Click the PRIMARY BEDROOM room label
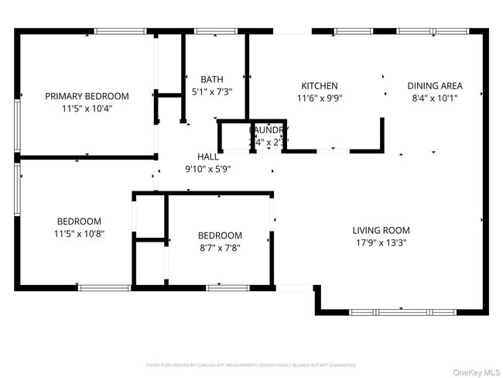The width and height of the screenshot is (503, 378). coord(87,96)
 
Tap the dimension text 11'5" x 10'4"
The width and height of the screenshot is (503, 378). coord(87,108)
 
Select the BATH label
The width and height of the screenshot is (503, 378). coord(212,79)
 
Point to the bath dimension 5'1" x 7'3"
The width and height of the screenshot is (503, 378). coord(212,91)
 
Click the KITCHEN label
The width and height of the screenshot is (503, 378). coord(320,86)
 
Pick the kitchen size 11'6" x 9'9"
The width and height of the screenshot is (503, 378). coord(320,98)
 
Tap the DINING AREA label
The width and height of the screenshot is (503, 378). coord(436,86)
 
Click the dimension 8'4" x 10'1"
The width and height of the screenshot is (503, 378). coord(436,98)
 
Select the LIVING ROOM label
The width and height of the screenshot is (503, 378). coord(381,230)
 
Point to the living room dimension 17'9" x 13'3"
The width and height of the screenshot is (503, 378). coord(381,242)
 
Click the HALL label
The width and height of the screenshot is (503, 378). coord(207,156)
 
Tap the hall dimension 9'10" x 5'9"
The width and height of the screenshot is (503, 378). coord(207,168)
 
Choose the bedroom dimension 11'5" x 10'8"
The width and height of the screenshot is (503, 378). coord(78,232)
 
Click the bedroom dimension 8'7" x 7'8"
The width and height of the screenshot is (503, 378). coord(220,248)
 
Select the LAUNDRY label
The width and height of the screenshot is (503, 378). coord(269,130)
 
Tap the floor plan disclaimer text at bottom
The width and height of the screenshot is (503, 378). coord(251,364)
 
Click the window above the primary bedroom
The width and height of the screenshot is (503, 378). coord(120,32)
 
